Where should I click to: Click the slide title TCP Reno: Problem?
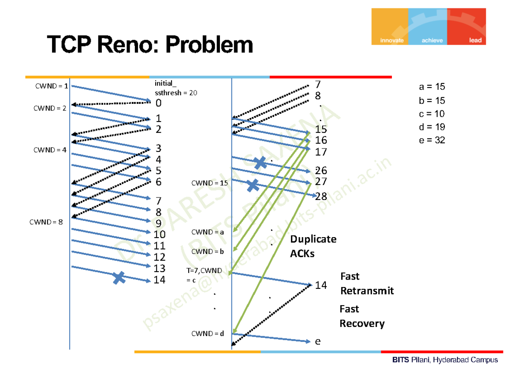click(x=150, y=45)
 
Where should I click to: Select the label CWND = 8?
click(x=46, y=222)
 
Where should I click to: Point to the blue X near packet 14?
click(x=119, y=278)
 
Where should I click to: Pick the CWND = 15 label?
click(x=209, y=183)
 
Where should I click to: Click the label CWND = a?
click(x=208, y=232)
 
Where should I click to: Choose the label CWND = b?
click(x=208, y=252)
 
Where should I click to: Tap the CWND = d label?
click(x=208, y=333)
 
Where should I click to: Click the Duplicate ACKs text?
click(x=313, y=246)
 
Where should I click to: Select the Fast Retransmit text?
click(x=366, y=284)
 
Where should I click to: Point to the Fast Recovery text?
click(x=361, y=316)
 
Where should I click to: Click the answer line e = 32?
click(x=432, y=140)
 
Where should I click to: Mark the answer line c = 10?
click(x=432, y=114)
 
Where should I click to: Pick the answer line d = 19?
click(x=432, y=127)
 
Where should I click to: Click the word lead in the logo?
click(x=475, y=40)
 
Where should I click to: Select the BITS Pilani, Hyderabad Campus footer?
click(x=445, y=360)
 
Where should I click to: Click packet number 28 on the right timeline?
click(x=321, y=196)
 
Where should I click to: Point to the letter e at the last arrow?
click(x=317, y=341)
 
